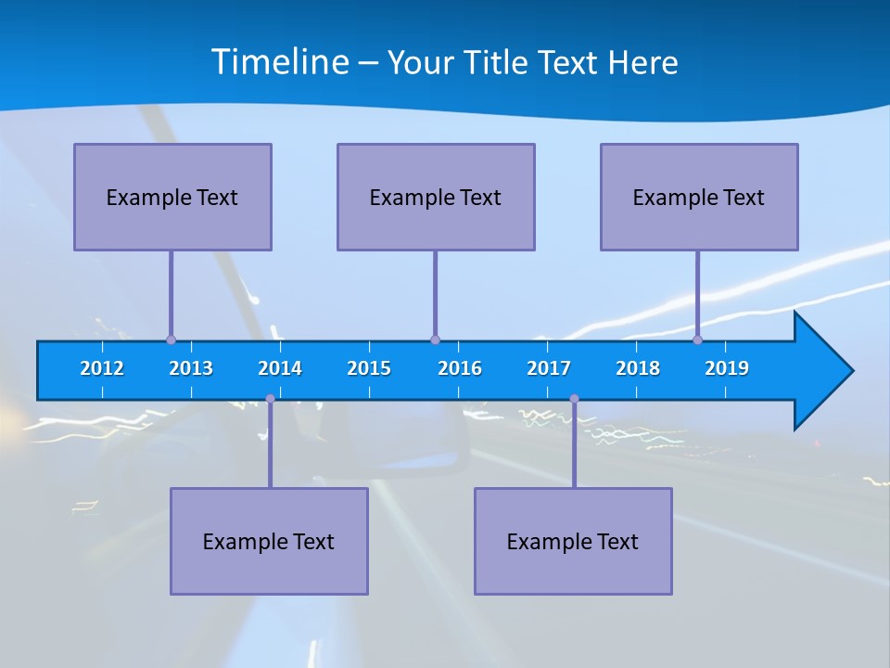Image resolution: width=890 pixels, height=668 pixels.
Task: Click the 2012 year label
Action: point(102,368)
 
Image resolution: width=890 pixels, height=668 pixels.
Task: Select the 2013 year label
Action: point(191,368)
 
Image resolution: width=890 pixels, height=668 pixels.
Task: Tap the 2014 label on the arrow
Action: point(280,368)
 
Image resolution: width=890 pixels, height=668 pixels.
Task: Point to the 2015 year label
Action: point(369,368)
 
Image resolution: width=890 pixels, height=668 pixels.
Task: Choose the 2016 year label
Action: point(460,368)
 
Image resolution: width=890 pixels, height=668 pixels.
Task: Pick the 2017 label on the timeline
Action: point(549,368)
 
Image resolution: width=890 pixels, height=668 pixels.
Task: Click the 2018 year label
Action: point(638,368)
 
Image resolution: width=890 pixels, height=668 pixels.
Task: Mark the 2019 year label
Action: point(727,368)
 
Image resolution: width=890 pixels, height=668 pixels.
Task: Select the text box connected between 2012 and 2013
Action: point(172,197)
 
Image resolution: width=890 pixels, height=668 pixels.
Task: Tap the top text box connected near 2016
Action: point(436,197)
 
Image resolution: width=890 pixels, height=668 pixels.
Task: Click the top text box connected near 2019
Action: point(699,197)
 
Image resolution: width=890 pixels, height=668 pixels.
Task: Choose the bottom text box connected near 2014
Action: point(269,541)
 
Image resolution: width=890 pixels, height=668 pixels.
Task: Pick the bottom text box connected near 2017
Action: point(573,541)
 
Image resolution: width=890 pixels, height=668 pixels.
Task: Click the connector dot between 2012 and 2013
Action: point(171,340)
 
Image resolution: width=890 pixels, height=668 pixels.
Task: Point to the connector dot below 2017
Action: point(574,399)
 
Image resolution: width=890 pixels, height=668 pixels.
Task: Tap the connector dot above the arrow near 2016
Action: point(435,340)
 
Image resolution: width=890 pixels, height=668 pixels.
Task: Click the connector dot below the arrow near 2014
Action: point(270,399)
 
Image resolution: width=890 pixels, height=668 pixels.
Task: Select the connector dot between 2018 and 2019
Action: point(697,340)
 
